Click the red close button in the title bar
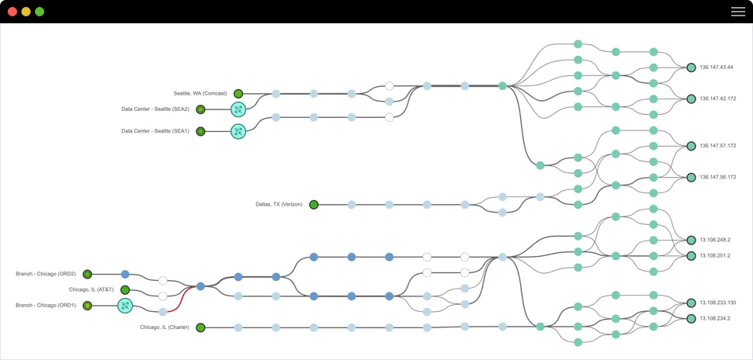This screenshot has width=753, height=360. point(12,12)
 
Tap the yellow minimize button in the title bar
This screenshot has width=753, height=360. point(26,12)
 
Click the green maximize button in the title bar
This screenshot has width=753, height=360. point(40,12)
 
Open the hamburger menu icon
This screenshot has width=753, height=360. point(737,12)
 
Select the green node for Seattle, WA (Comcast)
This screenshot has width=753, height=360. point(238,94)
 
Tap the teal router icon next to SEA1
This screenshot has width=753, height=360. point(238,132)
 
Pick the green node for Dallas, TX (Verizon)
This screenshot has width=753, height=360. point(314,205)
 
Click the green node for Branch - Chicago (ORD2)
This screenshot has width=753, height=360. point(88,274)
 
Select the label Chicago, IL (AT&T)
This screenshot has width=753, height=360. point(91,290)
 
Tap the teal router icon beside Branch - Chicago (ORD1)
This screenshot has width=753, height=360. point(125,306)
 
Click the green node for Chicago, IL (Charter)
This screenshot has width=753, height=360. point(200,327)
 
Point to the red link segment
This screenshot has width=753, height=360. point(184,299)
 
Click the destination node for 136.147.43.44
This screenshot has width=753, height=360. point(691,67)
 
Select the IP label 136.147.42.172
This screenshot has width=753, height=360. point(717,99)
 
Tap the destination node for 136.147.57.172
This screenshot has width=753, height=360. point(691,145)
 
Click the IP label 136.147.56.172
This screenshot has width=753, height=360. point(717,178)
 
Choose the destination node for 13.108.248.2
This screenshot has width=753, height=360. point(691,240)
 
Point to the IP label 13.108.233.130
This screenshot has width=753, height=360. point(717,303)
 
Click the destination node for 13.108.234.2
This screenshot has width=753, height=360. point(691,318)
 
